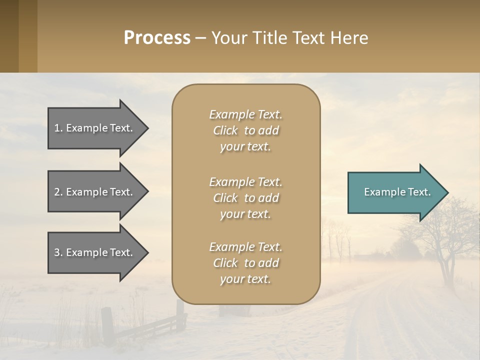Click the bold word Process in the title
157,38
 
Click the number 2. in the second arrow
58,192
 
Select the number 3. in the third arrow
58,252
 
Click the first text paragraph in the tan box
245,130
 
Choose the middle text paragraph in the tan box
245,197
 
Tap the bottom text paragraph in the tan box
245,263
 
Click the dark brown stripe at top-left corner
9,36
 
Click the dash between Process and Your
201,38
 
